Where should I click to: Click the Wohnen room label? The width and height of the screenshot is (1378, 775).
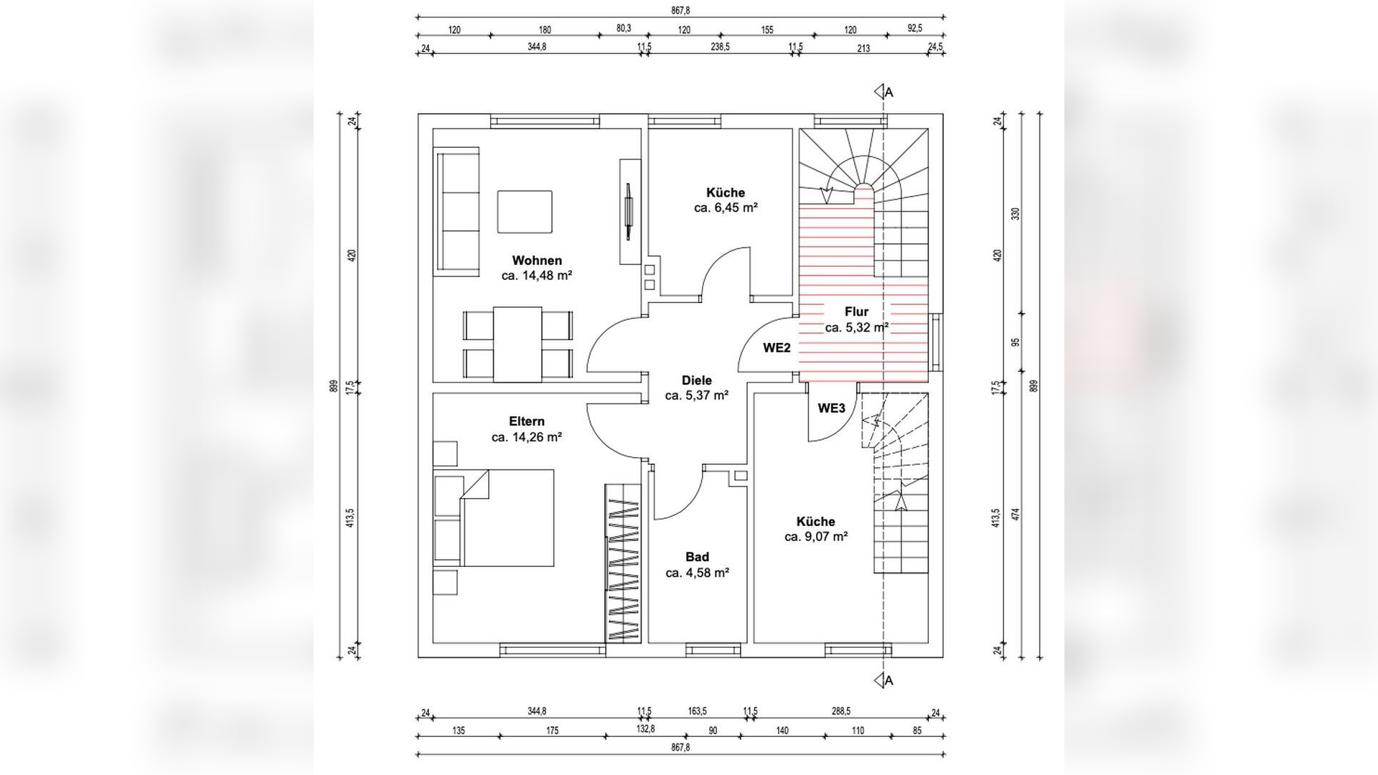[537, 260]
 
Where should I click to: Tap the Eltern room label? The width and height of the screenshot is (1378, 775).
[527, 421]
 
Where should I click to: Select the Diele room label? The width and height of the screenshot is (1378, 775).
[697, 380]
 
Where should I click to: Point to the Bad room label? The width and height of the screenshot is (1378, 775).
[697, 557]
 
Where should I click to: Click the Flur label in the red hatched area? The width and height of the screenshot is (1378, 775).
[856, 311]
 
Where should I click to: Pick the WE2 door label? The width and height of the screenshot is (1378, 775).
[777, 348]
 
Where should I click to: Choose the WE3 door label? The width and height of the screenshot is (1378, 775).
[832, 408]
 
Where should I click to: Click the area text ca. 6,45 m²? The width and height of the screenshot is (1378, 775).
[726, 208]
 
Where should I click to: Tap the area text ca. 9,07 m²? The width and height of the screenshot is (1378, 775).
[816, 537]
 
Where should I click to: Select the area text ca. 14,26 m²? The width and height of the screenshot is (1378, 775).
[527, 437]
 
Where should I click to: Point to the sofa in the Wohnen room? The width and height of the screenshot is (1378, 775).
[456, 211]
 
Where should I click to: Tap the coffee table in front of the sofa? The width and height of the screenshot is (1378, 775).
[525, 212]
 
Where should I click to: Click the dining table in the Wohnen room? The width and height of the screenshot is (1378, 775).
[517, 344]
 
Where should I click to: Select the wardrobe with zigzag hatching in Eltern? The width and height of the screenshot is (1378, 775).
[622, 563]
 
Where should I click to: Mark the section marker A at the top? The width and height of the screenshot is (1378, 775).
[883, 92]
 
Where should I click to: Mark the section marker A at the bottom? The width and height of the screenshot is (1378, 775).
[883, 680]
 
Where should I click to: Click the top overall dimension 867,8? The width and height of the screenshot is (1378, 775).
[680, 11]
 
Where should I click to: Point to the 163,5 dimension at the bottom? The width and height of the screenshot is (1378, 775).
[697, 711]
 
